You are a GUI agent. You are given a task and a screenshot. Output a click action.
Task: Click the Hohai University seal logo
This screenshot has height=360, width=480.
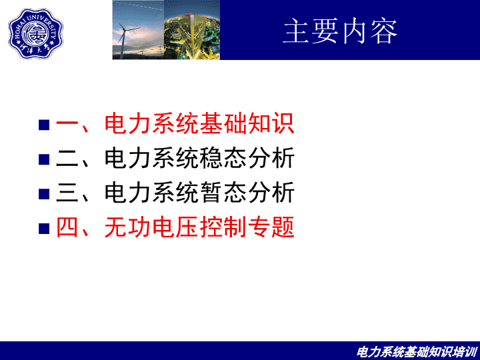[35, 33]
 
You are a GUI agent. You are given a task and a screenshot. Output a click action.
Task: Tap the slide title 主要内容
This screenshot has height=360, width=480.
[340, 31]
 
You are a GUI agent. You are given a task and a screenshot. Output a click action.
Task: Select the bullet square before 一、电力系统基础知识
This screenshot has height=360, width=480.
[44, 125]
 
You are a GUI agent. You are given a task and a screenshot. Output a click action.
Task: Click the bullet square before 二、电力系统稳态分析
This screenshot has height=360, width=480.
[44, 159]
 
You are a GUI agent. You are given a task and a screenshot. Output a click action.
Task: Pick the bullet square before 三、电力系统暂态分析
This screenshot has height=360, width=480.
[44, 194]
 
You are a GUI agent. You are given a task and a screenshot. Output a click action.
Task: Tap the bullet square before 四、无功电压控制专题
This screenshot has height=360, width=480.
[44, 229]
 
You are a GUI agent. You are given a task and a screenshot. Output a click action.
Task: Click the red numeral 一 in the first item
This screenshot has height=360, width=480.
[67, 124]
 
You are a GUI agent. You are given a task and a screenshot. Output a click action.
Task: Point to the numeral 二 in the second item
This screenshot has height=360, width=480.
[67, 158]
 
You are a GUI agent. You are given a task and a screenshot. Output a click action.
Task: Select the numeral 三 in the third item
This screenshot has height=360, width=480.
[67, 193]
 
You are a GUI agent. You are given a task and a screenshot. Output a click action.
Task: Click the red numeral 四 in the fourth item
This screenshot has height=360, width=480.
[67, 227]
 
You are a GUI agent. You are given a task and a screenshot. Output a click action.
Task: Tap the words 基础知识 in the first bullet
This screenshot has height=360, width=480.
[247, 123]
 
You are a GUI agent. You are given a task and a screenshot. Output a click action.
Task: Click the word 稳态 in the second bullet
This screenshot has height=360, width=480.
[223, 158]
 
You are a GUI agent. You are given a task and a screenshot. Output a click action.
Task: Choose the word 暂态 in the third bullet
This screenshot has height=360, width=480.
[223, 193]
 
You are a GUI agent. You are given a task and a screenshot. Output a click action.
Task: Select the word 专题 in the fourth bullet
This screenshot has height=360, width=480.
[271, 227]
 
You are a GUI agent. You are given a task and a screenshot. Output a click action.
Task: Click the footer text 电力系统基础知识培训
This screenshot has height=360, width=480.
[417, 352]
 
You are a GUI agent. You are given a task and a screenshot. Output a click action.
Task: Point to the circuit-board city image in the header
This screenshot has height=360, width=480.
[192, 30]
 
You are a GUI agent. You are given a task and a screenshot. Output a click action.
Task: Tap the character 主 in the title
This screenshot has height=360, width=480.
[295, 31]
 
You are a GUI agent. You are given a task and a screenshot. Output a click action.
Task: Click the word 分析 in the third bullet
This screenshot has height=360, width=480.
[271, 193]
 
